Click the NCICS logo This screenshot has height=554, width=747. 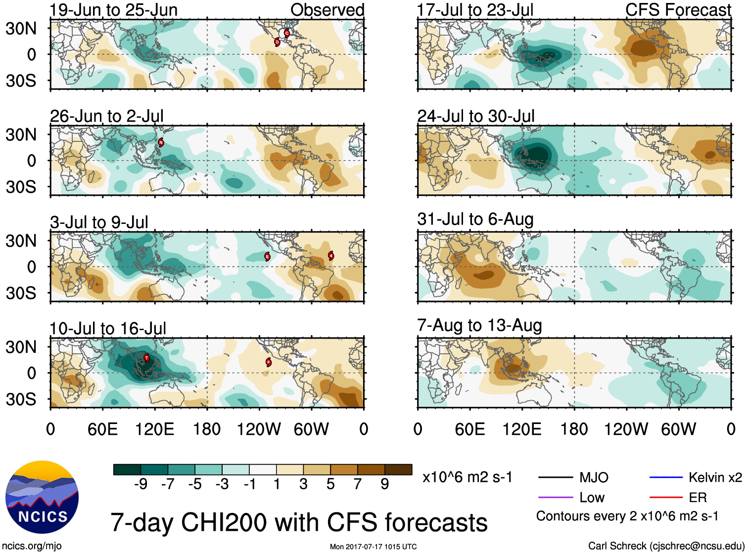tap(42, 497)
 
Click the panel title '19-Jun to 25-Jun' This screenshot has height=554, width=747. tap(113, 10)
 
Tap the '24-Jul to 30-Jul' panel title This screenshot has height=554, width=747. tap(475, 116)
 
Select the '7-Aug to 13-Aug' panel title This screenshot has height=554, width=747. tap(479, 325)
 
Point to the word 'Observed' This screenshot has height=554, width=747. tap(327, 10)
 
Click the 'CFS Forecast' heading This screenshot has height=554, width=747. tap(678, 10)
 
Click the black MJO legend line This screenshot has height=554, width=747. tap(555, 477)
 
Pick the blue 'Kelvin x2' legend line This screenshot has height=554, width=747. tap(666, 477)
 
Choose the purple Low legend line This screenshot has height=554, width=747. tap(555, 497)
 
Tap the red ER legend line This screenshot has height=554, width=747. tap(666, 497)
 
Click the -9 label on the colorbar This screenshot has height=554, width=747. tap(140, 484)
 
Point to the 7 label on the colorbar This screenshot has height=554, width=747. tap(357, 484)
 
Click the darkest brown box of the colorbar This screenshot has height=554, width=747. tap(398, 469)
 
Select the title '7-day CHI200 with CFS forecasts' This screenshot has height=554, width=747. tap(299, 522)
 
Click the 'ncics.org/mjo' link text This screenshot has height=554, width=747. tap(32, 546)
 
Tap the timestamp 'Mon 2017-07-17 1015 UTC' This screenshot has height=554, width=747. tap(373, 547)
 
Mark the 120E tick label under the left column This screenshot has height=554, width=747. tap(155, 429)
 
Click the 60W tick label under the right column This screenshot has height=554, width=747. tap(678, 429)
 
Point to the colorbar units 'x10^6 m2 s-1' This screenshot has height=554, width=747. tap(467, 477)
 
